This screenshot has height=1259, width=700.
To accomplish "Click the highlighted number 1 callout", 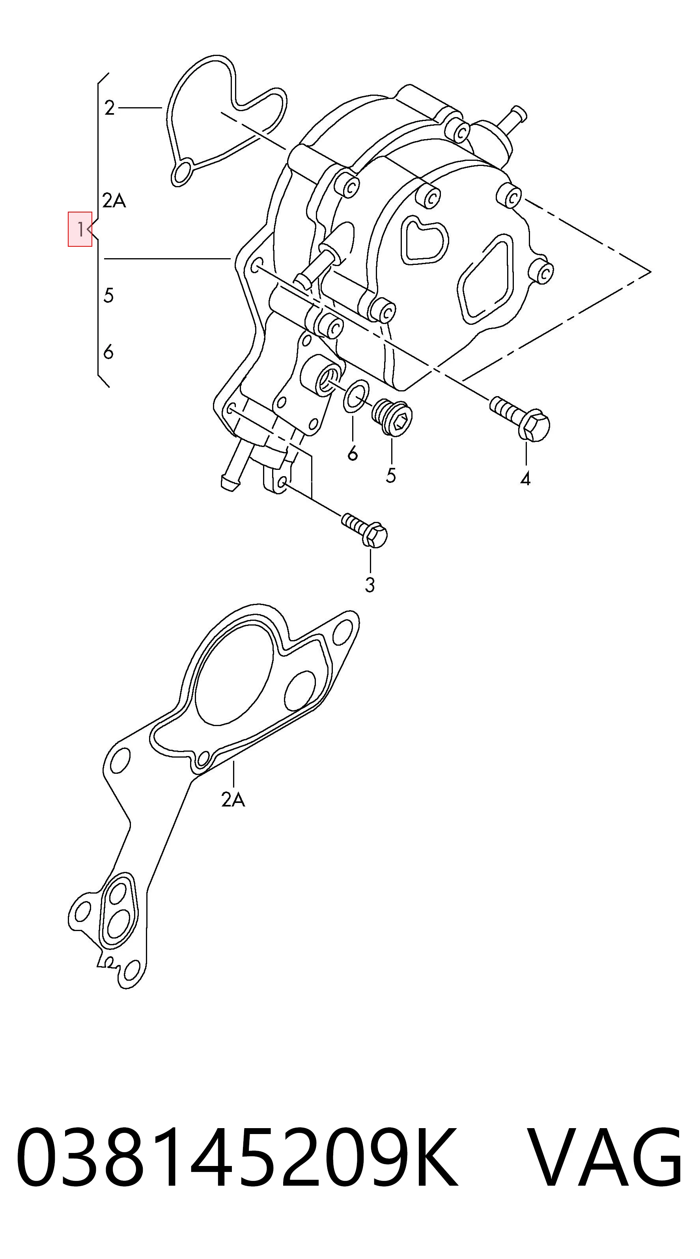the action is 80,229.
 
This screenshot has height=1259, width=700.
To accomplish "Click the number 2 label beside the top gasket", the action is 110,108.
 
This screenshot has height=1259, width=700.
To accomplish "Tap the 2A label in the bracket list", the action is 114,200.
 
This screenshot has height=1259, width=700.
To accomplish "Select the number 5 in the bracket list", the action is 108,295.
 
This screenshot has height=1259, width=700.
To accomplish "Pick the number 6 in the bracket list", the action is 108,352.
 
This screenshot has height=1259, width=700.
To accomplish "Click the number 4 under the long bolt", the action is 525,479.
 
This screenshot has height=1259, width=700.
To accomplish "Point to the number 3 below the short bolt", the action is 370,585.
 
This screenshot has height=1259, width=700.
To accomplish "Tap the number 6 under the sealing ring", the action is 353,454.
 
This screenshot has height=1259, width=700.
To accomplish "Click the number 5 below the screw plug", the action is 390,475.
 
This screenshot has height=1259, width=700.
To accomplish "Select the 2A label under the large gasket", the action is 233,799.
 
